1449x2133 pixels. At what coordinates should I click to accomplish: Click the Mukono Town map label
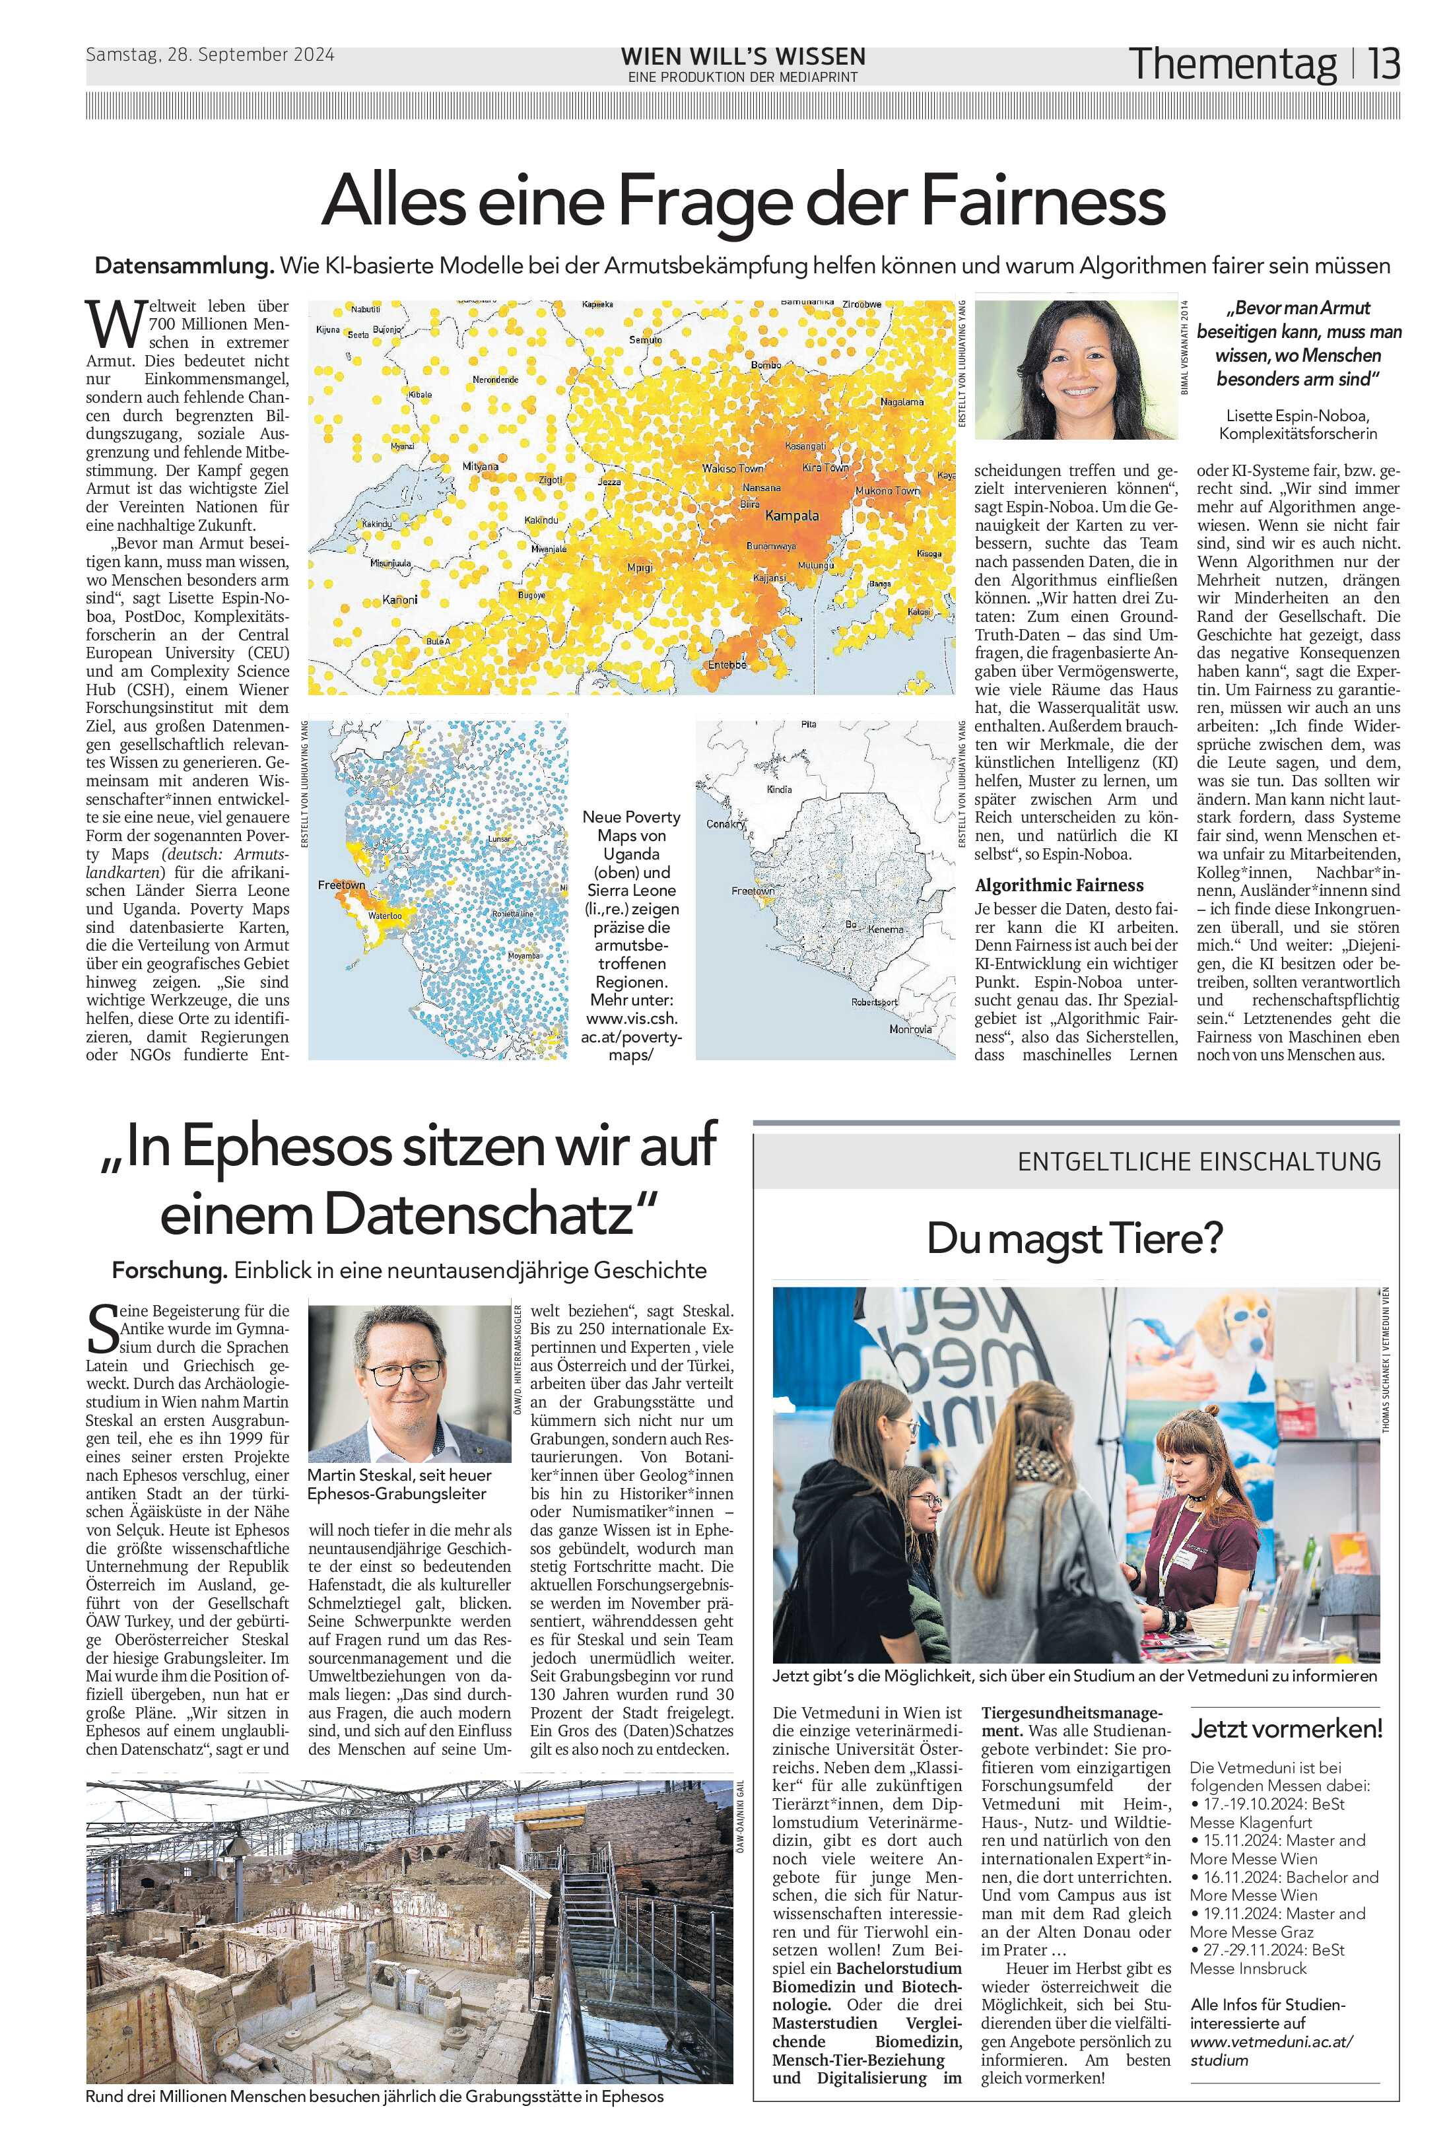(x=887, y=491)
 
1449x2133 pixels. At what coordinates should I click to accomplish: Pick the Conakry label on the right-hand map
(x=725, y=823)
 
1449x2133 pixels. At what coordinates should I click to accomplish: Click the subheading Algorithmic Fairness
(x=1059, y=885)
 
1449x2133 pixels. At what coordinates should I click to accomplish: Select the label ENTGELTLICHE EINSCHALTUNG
(x=1198, y=1161)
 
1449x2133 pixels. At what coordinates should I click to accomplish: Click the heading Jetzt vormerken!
(x=1285, y=1729)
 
